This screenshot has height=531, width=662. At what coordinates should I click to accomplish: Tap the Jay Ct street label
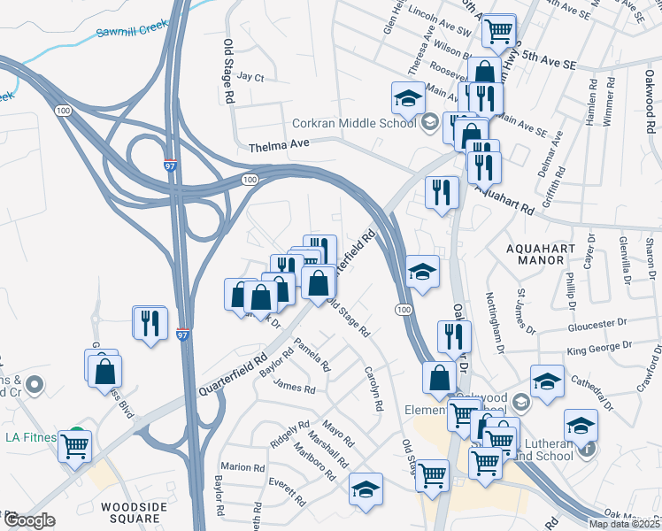pyautogui.click(x=250, y=78)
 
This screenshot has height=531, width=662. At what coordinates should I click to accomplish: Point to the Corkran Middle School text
pyautogui.click(x=355, y=123)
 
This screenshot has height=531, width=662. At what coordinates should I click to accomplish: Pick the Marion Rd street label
pyautogui.click(x=242, y=466)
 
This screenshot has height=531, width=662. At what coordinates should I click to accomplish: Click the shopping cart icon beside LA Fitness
pyautogui.click(x=74, y=445)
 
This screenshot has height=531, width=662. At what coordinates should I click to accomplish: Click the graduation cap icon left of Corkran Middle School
pyautogui.click(x=407, y=97)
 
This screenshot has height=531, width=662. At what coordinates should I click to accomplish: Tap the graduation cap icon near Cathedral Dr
pyautogui.click(x=548, y=381)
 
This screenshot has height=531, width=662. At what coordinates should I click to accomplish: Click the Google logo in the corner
pyautogui.click(x=29, y=520)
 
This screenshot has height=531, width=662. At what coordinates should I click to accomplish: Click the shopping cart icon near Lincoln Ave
pyautogui.click(x=499, y=31)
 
